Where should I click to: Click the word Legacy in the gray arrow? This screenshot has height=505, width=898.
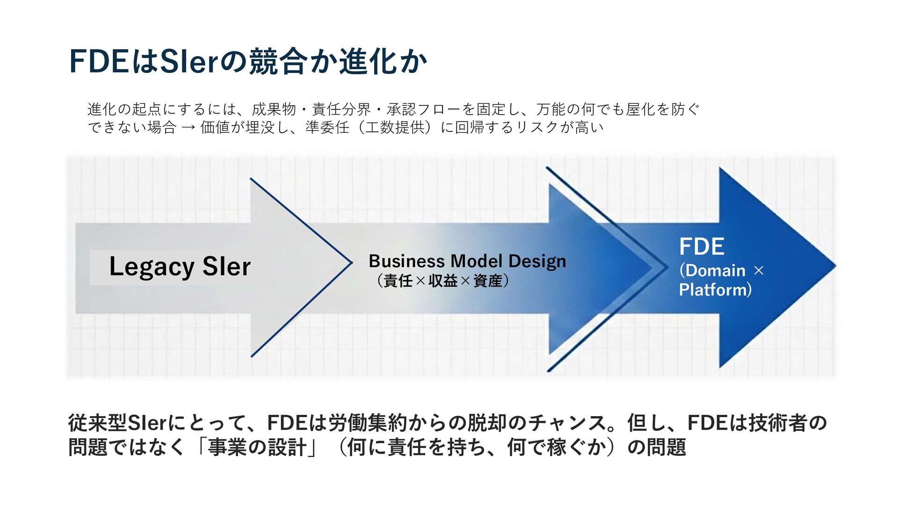tap(151, 267)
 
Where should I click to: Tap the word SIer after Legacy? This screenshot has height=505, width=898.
tap(226, 267)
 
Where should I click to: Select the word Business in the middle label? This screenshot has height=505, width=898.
tap(406, 261)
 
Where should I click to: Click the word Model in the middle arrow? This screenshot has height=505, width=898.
tap(476, 261)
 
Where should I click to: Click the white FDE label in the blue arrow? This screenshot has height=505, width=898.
tap(702, 246)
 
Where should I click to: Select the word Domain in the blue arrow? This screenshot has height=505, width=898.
tap(716, 270)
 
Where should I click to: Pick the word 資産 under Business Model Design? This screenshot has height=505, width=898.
tap(487, 281)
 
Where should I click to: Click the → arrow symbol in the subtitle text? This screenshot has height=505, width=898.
tap(188, 128)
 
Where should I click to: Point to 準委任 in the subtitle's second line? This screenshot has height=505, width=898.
tap(327, 127)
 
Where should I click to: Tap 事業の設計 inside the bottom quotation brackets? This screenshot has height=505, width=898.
tap(258, 447)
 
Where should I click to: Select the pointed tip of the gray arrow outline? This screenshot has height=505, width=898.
tap(351, 263)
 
